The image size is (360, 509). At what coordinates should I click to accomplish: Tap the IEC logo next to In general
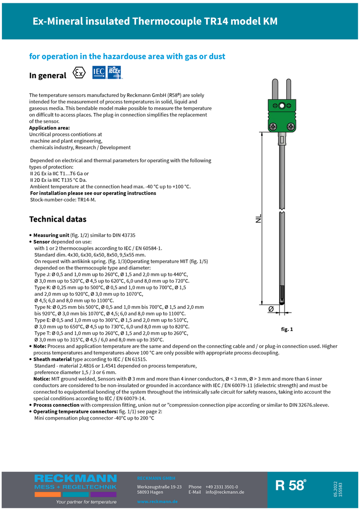point(99,73)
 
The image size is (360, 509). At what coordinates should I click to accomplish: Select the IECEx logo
point(114,73)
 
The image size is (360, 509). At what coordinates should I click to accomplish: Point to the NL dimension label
point(258,219)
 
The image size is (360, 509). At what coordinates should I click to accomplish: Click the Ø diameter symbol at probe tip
point(271,309)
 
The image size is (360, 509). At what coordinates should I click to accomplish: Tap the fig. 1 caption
point(287,329)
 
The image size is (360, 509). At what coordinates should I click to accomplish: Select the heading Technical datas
point(58,219)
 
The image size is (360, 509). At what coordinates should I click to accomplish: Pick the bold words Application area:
point(49,128)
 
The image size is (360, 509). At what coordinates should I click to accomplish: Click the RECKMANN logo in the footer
point(75,482)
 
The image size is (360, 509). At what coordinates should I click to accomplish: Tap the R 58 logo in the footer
point(291,486)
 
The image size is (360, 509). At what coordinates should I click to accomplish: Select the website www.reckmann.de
point(157,502)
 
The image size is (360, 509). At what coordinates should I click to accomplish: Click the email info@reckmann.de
point(225,492)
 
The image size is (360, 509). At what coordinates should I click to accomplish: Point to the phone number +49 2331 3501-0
point(222,487)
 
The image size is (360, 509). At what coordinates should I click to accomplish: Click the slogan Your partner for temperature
point(86,502)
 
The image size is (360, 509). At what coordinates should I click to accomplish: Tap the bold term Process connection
point(56,405)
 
